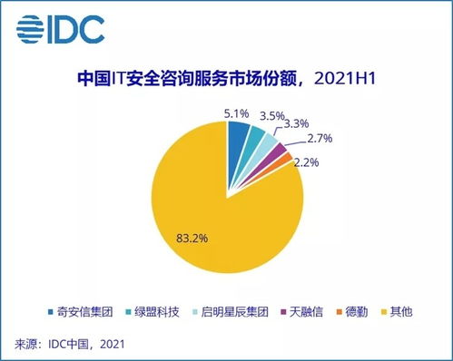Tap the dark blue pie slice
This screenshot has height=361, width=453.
point(238,140)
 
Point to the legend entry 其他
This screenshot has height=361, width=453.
point(406,312)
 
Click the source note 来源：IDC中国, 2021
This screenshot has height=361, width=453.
point(69,344)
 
